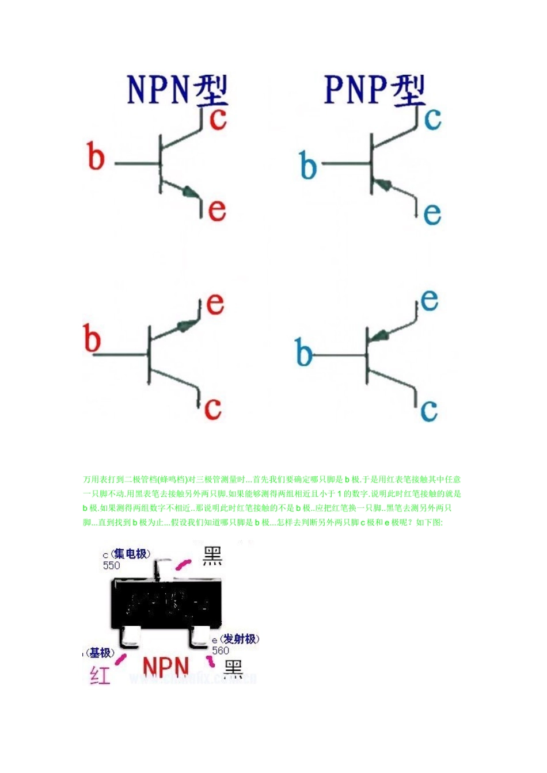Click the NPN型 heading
pos(177,90)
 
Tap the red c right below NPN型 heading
pos(218,119)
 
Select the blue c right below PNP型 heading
pos(432,118)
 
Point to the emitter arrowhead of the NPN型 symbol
pos(189,192)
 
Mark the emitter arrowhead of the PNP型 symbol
pos(381,185)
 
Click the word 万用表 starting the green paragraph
pos(94,479)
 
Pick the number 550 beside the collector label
pos(111,565)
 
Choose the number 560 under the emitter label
pos(221,650)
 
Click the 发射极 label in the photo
pos(240,639)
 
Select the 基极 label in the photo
pos(101,653)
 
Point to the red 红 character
pos(100,675)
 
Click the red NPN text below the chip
pos(166,667)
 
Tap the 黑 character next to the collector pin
pos(212,556)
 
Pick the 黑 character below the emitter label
pos(233,669)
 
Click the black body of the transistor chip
pos(166,604)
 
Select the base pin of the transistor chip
pos(128,637)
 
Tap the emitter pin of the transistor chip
pos(199,637)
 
